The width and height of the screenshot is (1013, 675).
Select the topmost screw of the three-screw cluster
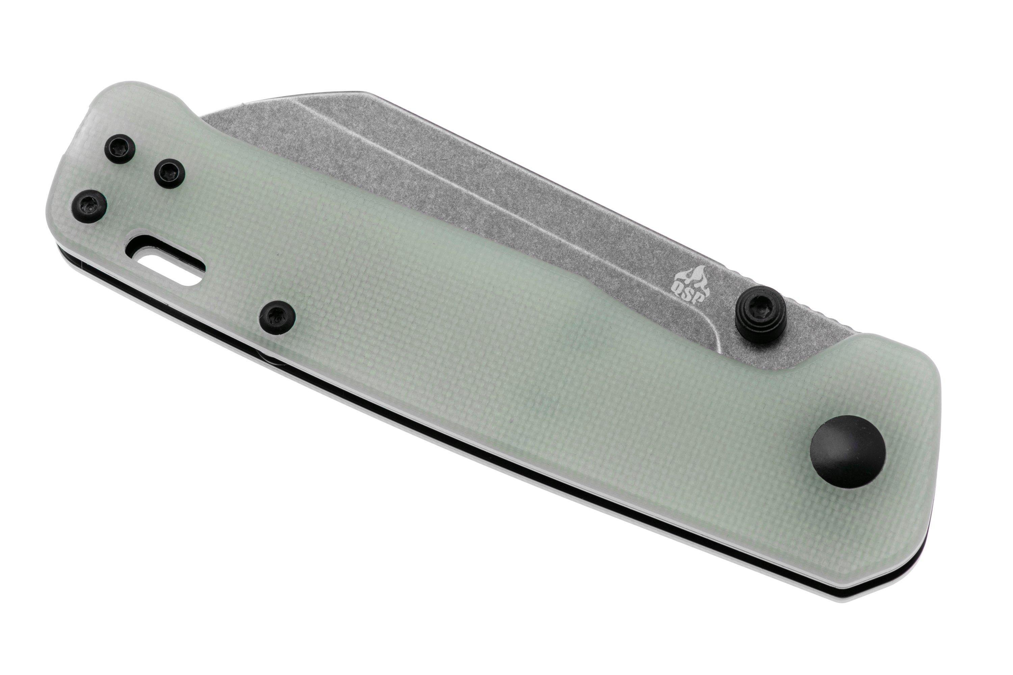pyautogui.click(x=121, y=150)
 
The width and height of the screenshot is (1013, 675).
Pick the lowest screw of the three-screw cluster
pyautogui.click(x=89, y=206)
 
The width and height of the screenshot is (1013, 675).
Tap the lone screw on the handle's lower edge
pyautogui.click(x=277, y=319)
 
